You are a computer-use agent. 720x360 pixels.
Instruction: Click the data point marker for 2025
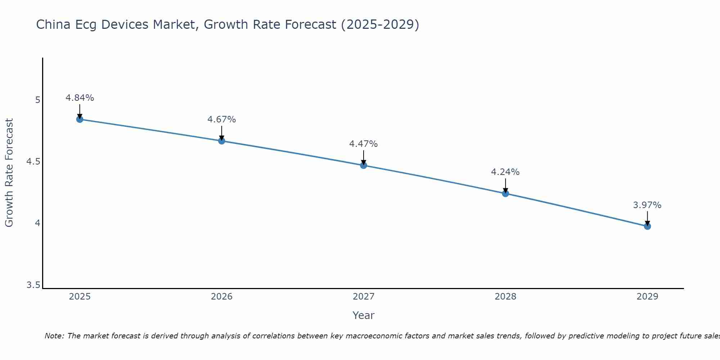pos(80,119)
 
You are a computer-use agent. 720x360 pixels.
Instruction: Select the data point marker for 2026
pos(222,141)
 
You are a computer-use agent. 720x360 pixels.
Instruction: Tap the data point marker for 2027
pos(364,165)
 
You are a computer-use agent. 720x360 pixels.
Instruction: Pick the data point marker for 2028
pos(505,193)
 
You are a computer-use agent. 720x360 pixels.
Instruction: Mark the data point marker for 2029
pos(647,226)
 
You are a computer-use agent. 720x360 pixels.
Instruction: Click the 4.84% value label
pos(80,98)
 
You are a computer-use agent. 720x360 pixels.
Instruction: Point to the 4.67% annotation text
pos(222,120)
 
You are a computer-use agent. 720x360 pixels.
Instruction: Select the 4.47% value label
pos(364,144)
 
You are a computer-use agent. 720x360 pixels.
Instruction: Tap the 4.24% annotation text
pos(505,172)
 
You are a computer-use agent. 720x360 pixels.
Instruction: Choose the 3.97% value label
pos(647,205)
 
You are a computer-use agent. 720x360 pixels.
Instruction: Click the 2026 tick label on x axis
pos(222,297)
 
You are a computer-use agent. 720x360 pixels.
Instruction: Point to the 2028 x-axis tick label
pos(505,297)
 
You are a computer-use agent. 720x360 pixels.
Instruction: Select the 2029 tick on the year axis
pos(647,297)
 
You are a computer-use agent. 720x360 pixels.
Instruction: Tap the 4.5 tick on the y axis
pos(33,162)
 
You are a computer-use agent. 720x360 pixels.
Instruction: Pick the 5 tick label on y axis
pos(37,100)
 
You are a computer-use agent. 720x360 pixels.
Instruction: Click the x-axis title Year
pos(364,315)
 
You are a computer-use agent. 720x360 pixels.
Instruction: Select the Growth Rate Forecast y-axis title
pos(9,173)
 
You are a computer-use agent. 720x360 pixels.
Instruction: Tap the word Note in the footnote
pos(54,336)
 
